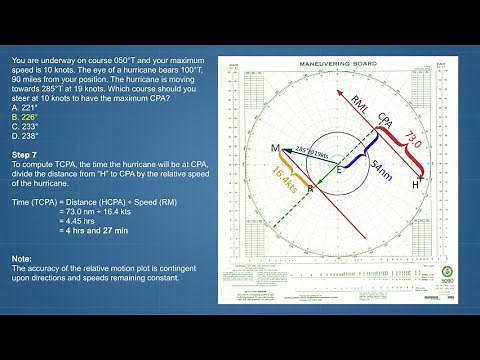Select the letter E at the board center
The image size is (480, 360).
[x=337, y=171]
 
